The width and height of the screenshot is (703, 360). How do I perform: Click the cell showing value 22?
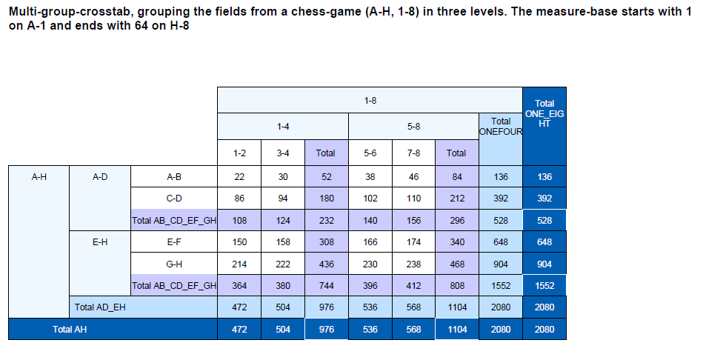coord(239,177)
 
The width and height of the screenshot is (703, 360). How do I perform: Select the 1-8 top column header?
coord(370,100)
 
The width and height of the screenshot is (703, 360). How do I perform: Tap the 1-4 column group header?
coord(282,127)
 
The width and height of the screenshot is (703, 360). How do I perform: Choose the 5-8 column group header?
coord(413,127)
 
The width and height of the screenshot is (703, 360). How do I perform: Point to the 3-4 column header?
coord(282,153)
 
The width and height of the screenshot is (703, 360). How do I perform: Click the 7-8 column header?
coord(413,153)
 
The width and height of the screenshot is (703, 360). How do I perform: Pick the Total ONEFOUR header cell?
coord(501,127)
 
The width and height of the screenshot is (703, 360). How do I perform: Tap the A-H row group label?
coord(39,177)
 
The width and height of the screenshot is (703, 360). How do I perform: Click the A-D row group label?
coord(99,177)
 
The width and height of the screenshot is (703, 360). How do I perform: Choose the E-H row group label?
coord(99,241)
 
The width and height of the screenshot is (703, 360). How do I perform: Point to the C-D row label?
coord(174,199)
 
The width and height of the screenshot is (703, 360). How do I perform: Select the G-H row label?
coord(174,264)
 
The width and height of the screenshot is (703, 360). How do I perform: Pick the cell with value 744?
coord(326,285)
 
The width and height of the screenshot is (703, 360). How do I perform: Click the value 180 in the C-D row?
coord(326,199)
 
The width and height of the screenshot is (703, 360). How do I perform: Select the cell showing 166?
coord(370,241)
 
